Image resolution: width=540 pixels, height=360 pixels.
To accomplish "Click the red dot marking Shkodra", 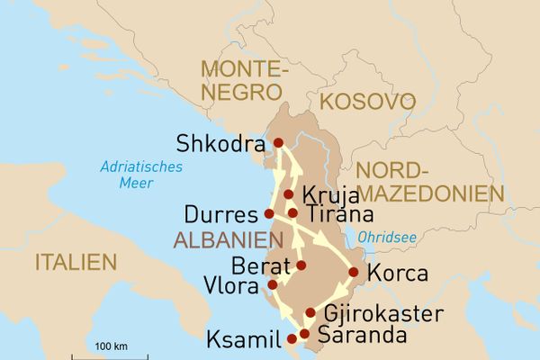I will [x=278, y=142].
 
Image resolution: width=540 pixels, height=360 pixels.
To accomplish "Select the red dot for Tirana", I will [x=292, y=213].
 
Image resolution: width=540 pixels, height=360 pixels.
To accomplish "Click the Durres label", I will [x=220, y=216].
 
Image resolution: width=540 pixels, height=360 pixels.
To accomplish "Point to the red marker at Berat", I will [x=301, y=265].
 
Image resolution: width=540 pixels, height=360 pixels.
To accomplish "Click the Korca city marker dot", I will [x=354, y=272].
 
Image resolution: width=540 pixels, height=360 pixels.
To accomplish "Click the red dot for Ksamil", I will [x=291, y=340].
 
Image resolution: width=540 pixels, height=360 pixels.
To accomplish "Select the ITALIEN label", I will [x=76, y=263].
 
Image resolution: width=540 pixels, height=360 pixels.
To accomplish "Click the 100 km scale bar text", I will [x=111, y=346].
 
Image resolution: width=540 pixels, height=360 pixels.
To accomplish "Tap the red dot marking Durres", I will [x=268, y=214].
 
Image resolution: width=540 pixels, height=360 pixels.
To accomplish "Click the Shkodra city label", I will [x=220, y=144].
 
